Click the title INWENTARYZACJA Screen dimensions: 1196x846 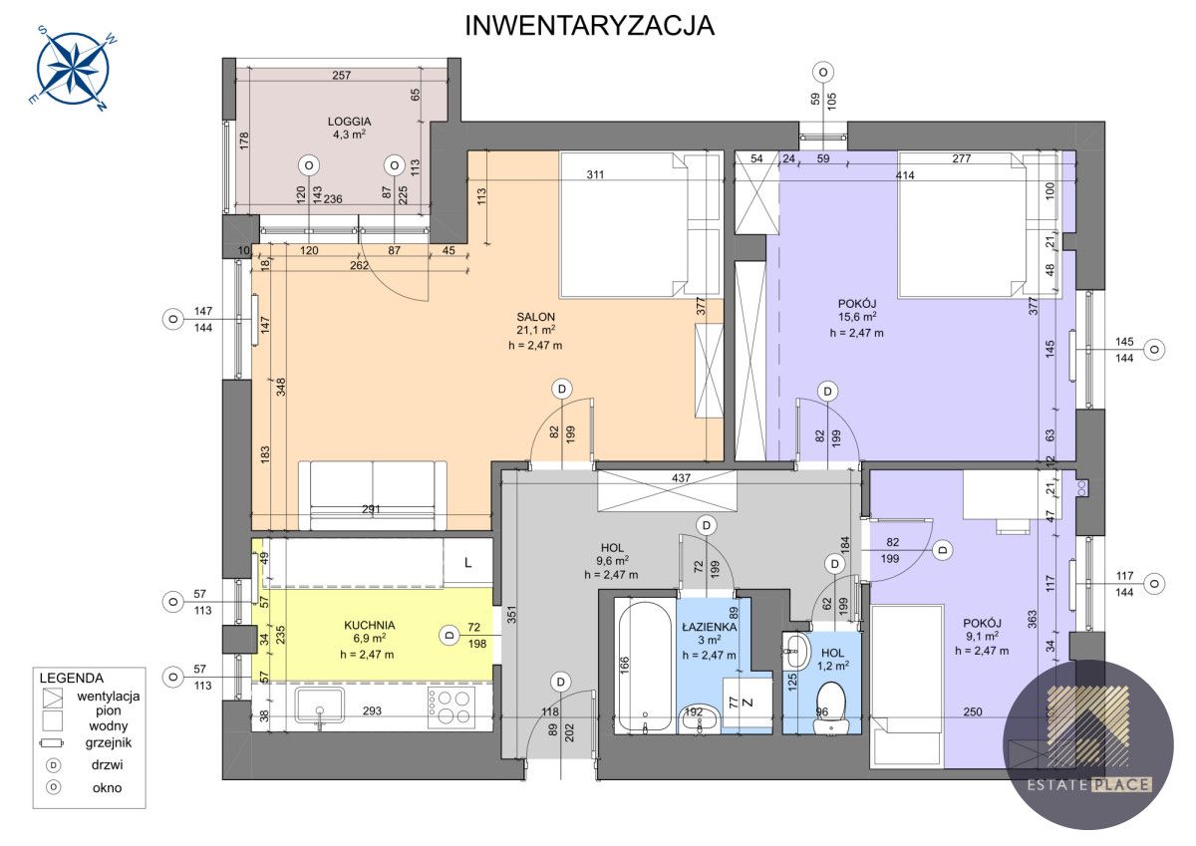(589, 26)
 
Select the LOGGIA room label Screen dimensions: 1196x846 (349, 122)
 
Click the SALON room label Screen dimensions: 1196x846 (535, 317)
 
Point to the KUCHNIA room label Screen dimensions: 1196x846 (370, 625)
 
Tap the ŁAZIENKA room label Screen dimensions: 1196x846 (709, 627)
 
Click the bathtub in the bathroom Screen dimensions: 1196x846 (645, 667)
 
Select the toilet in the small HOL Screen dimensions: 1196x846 (831, 707)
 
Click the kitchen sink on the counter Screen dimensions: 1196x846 (320, 706)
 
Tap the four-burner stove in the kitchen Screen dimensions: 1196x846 (450, 707)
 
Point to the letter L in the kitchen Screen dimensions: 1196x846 (468, 563)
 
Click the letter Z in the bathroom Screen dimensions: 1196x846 (748, 703)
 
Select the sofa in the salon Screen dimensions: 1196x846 (373, 496)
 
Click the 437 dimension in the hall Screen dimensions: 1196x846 (682, 478)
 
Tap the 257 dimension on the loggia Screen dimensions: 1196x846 (342, 76)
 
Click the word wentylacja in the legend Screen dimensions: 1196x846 (109, 696)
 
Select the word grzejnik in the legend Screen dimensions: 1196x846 (109, 742)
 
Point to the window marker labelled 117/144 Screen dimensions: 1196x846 (1154, 584)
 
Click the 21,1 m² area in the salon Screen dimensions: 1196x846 (535, 331)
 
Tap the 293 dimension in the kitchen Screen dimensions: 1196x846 (372, 710)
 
